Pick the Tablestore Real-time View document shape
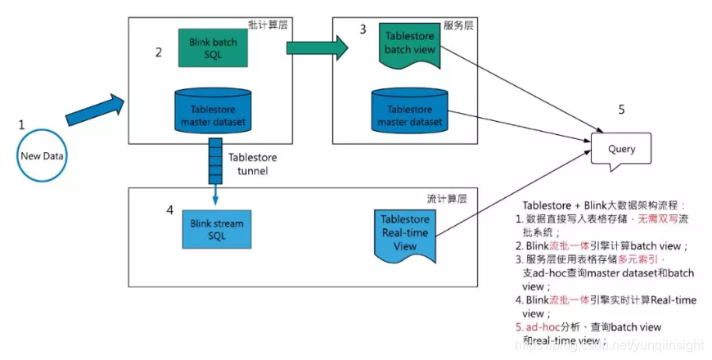pyautogui.click(x=405, y=229)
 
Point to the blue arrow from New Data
pyautogui.click(x=94, y=110)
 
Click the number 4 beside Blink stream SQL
pyautogui.click(x=169, y=210)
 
